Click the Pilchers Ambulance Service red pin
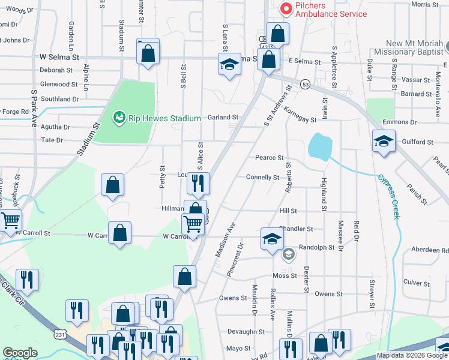(286, 9)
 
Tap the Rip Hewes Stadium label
(160, 118)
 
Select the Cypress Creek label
(388, 197)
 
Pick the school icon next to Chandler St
(272, 239)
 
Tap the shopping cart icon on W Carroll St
(193, 224)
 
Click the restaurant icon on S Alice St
(198, 182)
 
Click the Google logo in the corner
(20, 353)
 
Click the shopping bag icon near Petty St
(112, 185)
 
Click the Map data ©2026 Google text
(411, 355)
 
